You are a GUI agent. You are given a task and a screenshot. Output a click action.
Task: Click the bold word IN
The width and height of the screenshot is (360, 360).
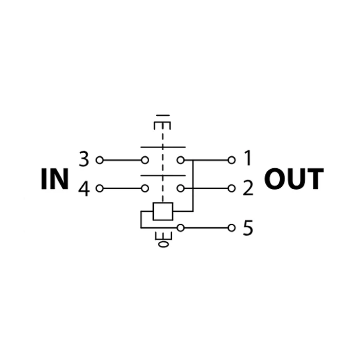[x=55, y=179]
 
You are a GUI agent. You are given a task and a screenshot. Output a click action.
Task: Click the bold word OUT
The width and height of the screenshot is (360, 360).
[x=294, y=179]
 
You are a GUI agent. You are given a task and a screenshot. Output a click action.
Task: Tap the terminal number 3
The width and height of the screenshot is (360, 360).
[x=84, y=159]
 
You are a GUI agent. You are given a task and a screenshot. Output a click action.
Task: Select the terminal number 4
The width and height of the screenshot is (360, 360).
[x=84, y=189]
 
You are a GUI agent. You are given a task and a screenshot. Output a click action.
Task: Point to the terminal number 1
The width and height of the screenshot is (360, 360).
[x=247, y=158]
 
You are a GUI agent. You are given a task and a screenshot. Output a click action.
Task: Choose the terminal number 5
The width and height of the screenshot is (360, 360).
[x=248, y=227]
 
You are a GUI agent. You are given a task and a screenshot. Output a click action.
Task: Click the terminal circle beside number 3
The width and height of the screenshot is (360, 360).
[x=99, y=160]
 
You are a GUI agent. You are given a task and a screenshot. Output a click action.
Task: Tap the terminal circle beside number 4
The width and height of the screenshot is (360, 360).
[x=99, y=189]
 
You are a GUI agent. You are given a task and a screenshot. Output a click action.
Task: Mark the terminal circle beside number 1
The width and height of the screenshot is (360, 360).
[x=231, y=160]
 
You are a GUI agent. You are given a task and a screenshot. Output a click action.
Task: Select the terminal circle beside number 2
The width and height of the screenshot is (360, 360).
[x=231, y=189]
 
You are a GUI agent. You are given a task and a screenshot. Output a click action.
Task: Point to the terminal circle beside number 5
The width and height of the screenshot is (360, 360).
[x=231, y=228]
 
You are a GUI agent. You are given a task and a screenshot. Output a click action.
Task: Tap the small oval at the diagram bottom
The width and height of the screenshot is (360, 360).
[x=163, y=244]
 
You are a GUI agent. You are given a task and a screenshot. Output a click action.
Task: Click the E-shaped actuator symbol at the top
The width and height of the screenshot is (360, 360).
[x=163, y=122]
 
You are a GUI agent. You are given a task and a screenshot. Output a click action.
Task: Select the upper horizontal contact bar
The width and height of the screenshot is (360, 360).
[x=163, y=147]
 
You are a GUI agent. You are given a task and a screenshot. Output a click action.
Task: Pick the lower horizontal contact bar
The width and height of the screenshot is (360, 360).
[x=163, y=176]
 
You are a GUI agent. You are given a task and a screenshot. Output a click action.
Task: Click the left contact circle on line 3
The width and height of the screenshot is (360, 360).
[x=145, y=160]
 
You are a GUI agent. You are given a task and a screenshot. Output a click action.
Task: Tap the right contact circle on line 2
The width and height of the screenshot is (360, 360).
[x=181, y=189]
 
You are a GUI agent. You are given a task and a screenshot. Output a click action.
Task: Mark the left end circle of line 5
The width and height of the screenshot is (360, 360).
[x=181, y=228]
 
